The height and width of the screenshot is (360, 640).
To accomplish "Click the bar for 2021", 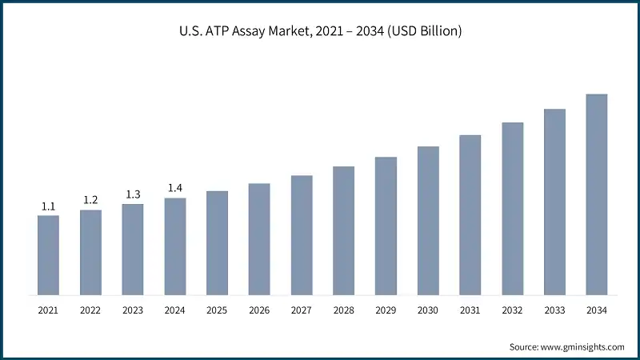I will pyautogui.click(x=48, y=254).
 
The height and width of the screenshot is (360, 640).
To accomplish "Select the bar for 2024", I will pyautogui.click(x=175, y=246).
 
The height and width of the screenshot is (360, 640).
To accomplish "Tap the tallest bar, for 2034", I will pyautogui.click(x=597, y=194).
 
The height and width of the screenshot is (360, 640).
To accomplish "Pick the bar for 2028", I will pyautogui.click(x=343, y=230).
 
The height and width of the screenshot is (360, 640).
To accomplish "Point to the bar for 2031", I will pyautogui.click(x=470, y=214).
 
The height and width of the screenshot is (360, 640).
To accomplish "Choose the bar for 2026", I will pyautogui.click(x=259, y=238).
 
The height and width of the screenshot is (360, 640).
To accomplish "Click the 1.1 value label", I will pyautogui.click(x=48, y=206).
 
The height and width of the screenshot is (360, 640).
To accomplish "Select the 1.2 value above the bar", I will pyautogui.click(x=90, y=200).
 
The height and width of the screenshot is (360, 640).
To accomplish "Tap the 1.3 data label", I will pyautogui.click(x=133, y=194).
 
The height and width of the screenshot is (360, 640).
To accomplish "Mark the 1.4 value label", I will pyautogui.click(x=175, y=188).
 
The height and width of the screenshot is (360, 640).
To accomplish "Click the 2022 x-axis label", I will pyautogui.click(x=90, y=310).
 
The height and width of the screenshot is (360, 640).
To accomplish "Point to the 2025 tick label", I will pyautogui.click(x=217, y=310).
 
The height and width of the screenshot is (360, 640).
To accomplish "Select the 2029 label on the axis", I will pyautogui.click(x=386, y=310).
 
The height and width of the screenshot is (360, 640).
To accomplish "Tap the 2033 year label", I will pyautogui.click(x=554, y=310).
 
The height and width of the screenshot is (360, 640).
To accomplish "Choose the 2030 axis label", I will pyautogui.click(x=428, y=310).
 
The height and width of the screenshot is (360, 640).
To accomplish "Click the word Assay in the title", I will pyautogui.click(x=278, y=32).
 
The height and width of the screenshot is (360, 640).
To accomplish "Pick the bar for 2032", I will pyautogui.click(x=513, y=208).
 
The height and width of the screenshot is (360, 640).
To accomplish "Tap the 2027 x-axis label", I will pyautogui.click(x=302, y=310).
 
